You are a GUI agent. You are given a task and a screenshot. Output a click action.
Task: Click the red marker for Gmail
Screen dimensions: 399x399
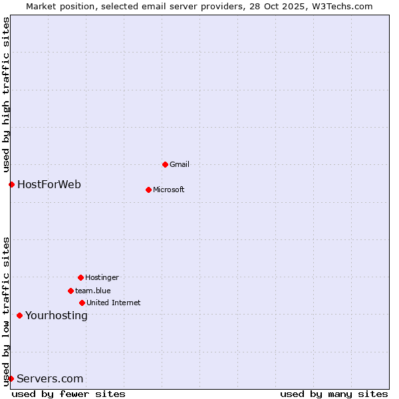165,164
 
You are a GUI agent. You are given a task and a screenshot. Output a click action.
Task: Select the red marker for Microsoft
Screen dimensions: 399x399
148,190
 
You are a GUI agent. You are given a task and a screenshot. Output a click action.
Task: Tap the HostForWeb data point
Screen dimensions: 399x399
11,184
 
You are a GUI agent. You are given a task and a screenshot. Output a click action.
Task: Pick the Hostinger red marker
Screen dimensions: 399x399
80,277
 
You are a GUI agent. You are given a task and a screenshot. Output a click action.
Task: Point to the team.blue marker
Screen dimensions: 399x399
70,291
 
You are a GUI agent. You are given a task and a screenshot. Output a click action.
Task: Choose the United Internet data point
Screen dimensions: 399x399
82,303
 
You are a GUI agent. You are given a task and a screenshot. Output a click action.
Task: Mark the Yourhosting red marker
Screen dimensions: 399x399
19,315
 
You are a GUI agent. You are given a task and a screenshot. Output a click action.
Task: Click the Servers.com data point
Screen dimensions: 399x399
11,378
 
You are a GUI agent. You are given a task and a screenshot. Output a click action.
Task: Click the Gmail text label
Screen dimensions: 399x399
180,164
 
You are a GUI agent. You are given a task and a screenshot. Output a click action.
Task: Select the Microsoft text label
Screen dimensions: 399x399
169,190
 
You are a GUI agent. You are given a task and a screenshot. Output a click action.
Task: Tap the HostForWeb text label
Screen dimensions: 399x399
49,184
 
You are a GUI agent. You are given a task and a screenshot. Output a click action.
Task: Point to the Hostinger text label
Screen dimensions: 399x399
102,277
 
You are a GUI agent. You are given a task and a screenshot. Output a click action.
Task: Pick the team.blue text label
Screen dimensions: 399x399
93,291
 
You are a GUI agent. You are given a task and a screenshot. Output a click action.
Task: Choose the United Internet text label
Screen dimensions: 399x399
114,303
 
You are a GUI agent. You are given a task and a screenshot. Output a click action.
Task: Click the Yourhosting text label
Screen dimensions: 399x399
57,315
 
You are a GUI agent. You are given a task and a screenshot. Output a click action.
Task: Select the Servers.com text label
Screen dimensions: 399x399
50,378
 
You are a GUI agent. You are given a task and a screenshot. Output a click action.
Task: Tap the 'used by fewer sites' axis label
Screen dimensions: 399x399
68,394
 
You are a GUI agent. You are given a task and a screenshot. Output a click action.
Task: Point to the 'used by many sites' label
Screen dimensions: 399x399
334,394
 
